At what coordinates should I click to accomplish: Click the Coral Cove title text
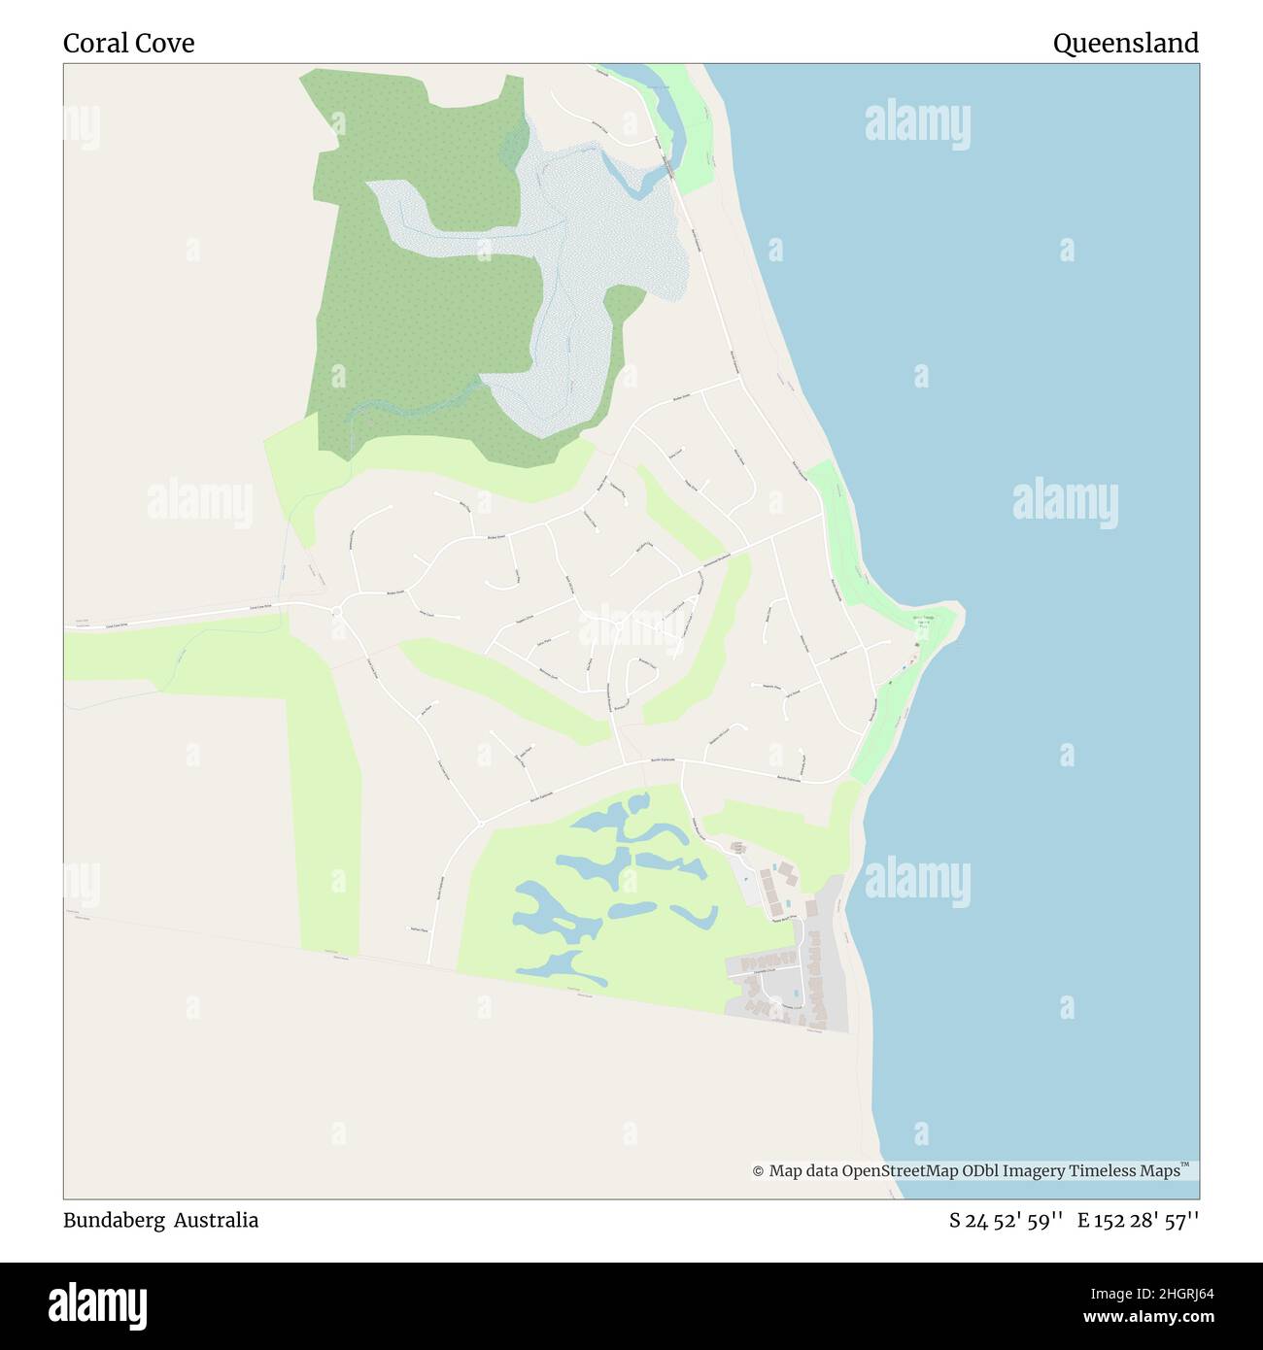[x=128, y=44]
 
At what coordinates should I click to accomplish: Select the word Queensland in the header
[x=1125, y=44]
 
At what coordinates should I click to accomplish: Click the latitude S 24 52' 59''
[x=1006, y=1221]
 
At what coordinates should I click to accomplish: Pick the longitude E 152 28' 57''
[x=1138, y=1221]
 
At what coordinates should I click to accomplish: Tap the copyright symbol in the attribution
[x=758, y=1172]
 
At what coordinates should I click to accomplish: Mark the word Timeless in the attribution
[x=1102, y=1171]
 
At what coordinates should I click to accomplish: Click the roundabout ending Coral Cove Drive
[x=336, y=611]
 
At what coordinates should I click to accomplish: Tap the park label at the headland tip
[x=923, y=619]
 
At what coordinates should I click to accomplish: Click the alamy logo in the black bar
[x=97, y=1304]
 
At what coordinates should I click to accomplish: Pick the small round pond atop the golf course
[x=638, y=803]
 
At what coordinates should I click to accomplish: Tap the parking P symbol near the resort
[x=745, y=879]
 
